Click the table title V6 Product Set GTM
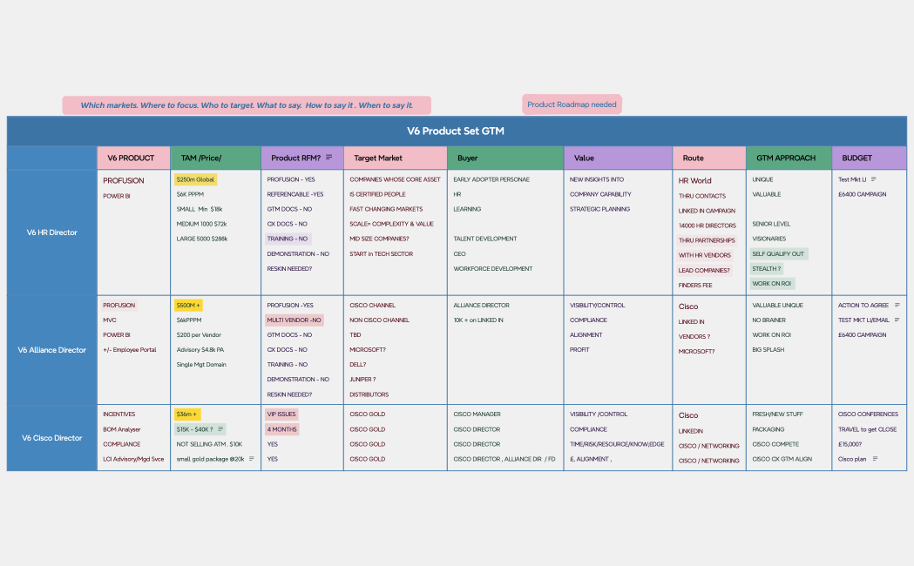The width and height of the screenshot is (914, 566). point(456,131)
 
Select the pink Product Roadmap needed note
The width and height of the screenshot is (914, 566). point(572,104)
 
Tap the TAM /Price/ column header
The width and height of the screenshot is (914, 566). point(200,158)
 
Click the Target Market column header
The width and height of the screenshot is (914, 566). point(378,158)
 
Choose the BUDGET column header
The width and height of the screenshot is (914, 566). point(856,158)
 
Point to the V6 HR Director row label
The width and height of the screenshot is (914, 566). point(51,232)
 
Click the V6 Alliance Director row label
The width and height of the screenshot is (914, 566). point(51,350)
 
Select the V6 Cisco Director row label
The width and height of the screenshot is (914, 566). point(51,438)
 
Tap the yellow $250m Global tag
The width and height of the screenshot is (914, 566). point(195,179)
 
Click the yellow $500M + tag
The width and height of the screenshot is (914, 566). point(188,306)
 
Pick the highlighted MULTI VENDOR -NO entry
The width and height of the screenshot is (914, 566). point(294,320)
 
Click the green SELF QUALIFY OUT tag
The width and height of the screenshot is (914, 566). point(778,254)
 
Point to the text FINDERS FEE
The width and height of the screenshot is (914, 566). point(695,285)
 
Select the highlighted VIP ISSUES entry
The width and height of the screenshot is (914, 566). point(281,414)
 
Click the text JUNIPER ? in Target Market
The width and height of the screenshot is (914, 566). point(362,380)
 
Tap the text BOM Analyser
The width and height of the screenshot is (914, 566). point(121,429)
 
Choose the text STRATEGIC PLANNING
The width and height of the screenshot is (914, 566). point(599,209)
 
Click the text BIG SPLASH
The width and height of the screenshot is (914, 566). point(768,350)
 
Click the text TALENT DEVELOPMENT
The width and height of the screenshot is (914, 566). point(485,239)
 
